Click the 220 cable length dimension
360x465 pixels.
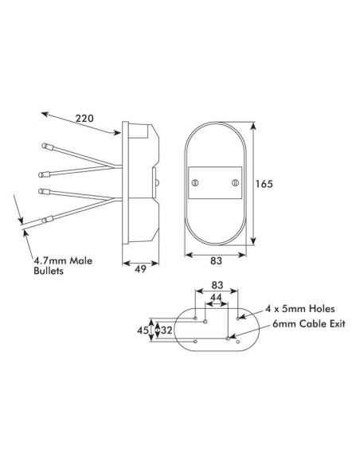[84, 119]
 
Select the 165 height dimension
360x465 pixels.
[264, 183]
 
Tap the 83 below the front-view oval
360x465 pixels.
[215, 260]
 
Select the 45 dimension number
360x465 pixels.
[143, 328]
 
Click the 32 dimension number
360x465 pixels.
[166, 328]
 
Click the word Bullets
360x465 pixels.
[49, 272]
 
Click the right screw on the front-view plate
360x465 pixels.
[234, 182]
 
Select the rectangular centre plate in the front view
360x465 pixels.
[215, 182]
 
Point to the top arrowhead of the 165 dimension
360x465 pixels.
[254, 126]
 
